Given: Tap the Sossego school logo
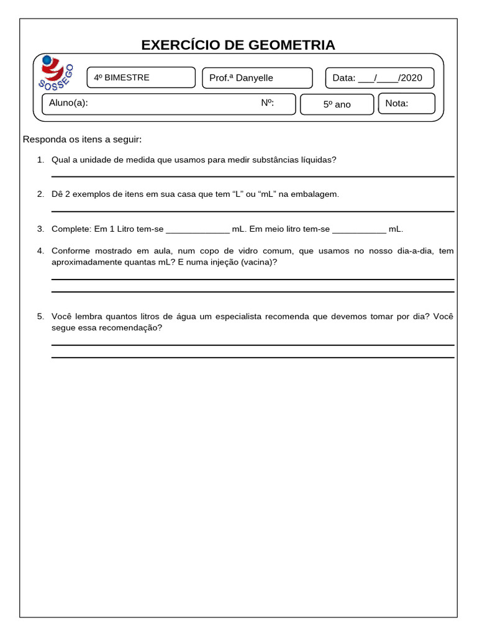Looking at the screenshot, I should (57, 73).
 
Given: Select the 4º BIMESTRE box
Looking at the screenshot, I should (140, 78).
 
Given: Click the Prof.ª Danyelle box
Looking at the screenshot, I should (257, 78).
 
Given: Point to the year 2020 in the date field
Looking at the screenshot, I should (411, 78).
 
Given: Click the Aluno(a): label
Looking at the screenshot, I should (68, 103).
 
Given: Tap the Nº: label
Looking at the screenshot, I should (268, 103).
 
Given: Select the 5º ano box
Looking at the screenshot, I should (337, 104).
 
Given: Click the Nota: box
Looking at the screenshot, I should (407, 103).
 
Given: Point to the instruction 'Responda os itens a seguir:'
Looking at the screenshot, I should (83, 139).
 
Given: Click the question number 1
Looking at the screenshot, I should (40, 160).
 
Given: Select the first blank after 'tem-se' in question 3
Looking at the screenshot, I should (198, 229).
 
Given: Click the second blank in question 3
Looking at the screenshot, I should (359, 229).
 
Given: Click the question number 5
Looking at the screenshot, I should (40, 317).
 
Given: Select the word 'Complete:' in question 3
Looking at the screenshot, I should (71, 229).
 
